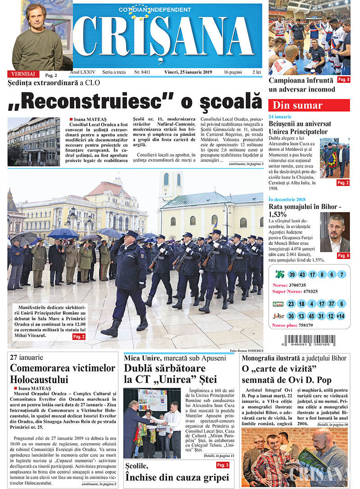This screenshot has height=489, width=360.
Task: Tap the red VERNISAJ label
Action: pyautogui.click(x=22, y=74)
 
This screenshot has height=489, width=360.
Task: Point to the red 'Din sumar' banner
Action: pyautogui.click(x=309, y=105)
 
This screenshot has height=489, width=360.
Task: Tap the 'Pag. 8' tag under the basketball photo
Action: pyautogui.click(x=343, y=80)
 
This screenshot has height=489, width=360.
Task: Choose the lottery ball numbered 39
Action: pyautogui.click(x=292, y=274)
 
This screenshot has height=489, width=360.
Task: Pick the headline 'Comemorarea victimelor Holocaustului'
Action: pyautogui.click(x=63, y=373)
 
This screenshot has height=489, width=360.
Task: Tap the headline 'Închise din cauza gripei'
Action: pyautogui.click(x=177, y=477)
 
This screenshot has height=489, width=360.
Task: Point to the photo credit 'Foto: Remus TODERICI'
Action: pyautogui.click(x=246, y=350)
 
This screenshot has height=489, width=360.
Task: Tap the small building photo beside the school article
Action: pyautogui.click(x=34, y=141)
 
